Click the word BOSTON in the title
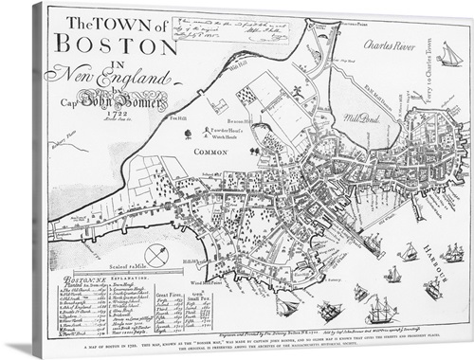[102, 44]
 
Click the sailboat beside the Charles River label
[449, 56]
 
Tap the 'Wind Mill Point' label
[203, 280]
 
